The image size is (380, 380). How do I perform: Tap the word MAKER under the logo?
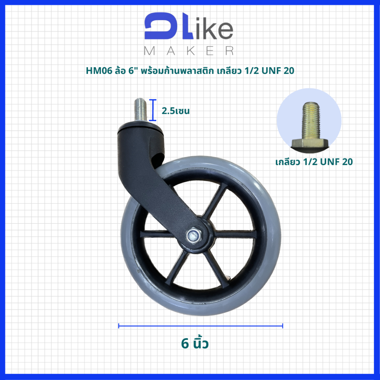[x=189, y=51]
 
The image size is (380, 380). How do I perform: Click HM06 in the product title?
[x=99, y=71]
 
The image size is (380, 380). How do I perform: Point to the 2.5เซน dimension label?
[x=176, y=111]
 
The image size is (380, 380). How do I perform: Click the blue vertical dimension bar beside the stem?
[x=153, y=110]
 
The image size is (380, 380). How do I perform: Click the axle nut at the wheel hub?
[x=194, y=235]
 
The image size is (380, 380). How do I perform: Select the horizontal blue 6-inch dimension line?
[x=201, y=326]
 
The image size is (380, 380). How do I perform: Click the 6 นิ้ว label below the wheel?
[x=194, y=343]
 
